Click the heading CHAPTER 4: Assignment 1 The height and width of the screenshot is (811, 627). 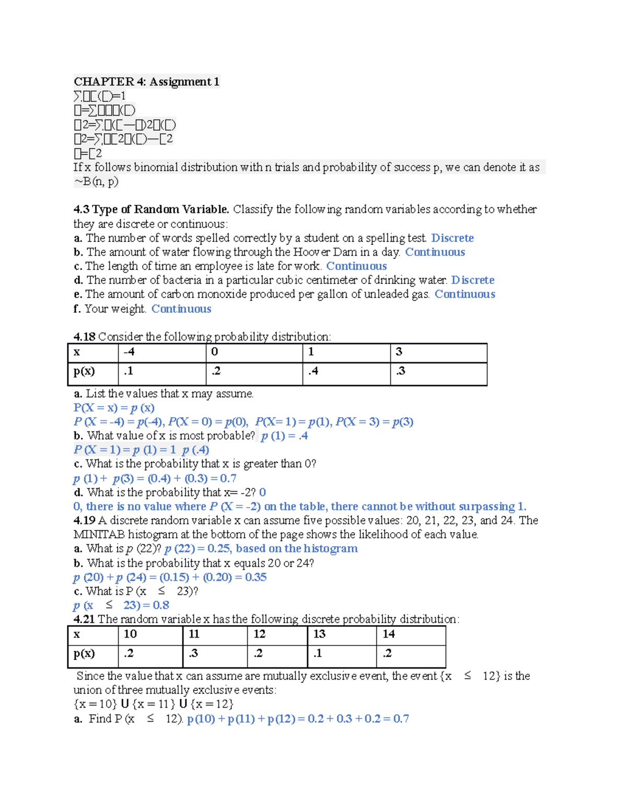[146, 81]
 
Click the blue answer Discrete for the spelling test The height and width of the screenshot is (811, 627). [452, 238]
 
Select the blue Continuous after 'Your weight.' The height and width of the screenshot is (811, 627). [181, 309]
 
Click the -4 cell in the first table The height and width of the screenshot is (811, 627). [129, 352]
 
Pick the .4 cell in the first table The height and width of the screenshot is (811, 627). [313, 371]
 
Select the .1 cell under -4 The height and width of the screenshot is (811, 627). [129, 371]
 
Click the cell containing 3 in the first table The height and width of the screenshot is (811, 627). [399, 352]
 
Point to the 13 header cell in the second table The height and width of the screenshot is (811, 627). [319, 634]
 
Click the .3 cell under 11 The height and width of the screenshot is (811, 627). [193, 653]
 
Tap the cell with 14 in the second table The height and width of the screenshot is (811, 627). [389, 634]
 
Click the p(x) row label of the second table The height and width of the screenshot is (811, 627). [84, 653]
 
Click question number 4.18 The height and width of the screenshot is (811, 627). [84, 337]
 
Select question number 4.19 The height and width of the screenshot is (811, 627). [84, 521]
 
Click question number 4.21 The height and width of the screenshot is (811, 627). [84, 619]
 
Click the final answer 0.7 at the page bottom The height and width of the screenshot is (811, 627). [401, 719]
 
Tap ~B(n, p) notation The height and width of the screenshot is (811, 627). [96, 182]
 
